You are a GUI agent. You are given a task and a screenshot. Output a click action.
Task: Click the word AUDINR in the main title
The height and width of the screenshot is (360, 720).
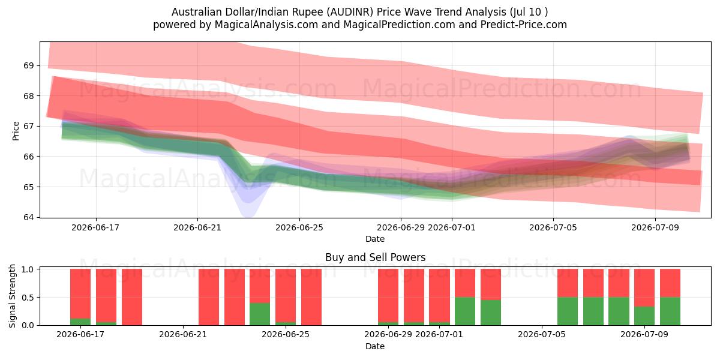tap(352, 12)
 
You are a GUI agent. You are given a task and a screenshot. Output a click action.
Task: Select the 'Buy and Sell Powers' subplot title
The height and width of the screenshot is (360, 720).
tap(375, 257)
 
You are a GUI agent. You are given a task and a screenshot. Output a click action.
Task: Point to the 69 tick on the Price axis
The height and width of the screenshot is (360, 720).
tap(28, 65)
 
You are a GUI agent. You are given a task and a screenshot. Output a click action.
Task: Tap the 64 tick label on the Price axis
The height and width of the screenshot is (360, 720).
tap(28, 217)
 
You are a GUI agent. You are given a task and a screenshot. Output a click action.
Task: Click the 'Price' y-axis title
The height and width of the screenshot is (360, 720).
tap(16, 131)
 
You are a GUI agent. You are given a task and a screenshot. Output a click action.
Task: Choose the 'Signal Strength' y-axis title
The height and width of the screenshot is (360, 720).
tap(12, 296)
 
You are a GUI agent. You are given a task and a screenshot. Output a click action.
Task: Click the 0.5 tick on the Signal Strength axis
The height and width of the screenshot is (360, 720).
tap(28, 298)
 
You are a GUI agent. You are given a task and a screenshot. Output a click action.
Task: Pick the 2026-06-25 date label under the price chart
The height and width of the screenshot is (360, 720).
tap(299, 227)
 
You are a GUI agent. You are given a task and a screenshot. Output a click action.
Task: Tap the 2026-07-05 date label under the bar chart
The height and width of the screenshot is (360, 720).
tap(542, 334)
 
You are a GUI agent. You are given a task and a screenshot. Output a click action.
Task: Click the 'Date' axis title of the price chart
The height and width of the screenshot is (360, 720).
tap(375, 239)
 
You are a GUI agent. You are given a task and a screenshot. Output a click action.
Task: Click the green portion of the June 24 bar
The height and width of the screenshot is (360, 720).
tap(260, 314)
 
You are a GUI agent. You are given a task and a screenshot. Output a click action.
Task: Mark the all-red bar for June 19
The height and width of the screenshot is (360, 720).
tap(132, 297)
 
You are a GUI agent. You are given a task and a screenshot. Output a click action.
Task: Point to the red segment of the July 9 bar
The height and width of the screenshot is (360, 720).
tap(644, 287)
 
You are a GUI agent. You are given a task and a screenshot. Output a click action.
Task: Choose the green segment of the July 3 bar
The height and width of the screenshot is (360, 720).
tap(491, 313)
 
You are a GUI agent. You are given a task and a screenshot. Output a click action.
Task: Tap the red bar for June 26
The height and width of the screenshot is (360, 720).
tap(311, 297)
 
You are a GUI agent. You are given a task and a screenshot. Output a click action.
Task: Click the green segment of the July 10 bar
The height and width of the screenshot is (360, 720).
tap(670, 311)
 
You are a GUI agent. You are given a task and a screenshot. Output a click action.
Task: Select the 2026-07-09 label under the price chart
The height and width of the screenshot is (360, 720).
tap(655, 227)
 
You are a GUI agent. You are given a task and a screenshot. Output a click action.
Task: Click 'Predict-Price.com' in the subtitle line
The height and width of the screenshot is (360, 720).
tap(524, 25)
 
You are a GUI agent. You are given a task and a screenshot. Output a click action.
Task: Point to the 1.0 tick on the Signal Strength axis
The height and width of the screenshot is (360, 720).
tap(28, 269)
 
